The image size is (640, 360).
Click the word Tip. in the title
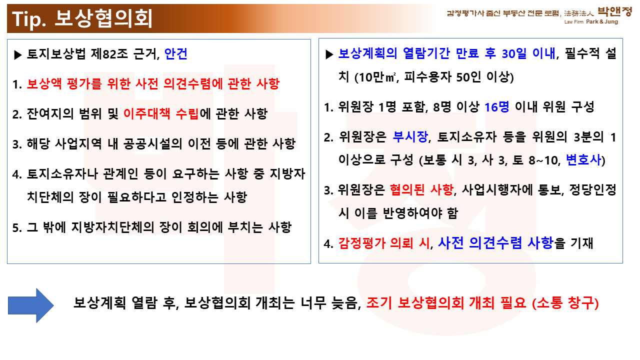[29, 19]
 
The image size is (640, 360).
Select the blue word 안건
[176, 53]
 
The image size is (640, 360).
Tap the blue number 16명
[497, 107]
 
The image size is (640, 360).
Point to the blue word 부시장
[410, 137]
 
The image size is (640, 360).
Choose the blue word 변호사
[583, 159]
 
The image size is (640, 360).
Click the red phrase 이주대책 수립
[161, 113]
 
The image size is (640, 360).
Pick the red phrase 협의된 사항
[421, 189]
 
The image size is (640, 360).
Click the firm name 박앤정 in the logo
[615, 11]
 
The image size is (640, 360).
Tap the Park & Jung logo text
[602, 21]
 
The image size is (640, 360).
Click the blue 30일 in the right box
[514, 53]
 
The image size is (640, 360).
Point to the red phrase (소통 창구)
[565, 303]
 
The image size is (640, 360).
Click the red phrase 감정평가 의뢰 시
[384, 243]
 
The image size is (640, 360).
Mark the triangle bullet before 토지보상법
[17, 55]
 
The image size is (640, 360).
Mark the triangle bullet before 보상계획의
[329, 54]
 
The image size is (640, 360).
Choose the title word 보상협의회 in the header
[103, 19]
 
